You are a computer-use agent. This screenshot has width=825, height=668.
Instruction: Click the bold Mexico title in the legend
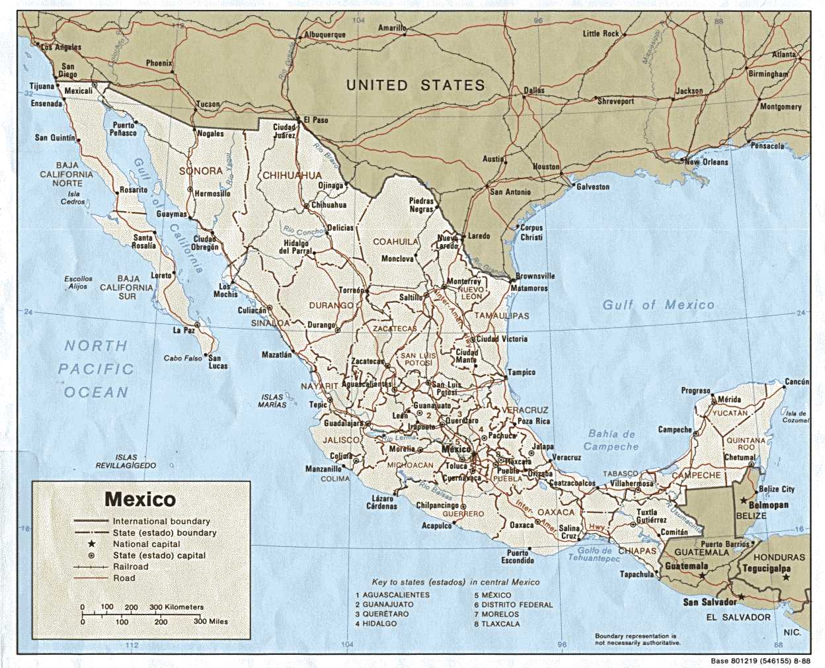140,499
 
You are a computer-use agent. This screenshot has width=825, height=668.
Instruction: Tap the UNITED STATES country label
415,85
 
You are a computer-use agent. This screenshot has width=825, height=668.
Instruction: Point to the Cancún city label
796,382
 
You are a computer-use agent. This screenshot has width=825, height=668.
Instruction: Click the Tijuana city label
42,87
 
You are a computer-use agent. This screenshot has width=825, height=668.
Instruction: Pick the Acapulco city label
436,526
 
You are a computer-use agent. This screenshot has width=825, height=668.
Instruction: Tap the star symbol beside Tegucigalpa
785,577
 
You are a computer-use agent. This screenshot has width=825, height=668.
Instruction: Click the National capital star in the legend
91,544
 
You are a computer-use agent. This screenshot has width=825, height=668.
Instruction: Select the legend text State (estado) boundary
164,532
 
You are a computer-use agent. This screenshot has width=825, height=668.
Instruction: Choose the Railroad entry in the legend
130,567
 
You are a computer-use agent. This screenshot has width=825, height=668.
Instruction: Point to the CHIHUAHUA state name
292,176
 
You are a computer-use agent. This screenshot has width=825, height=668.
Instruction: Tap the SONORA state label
200,171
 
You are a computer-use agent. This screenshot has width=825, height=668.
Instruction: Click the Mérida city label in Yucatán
728,399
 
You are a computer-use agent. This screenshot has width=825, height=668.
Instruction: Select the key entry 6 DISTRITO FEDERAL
513,605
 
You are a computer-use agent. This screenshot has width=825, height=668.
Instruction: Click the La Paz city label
184,330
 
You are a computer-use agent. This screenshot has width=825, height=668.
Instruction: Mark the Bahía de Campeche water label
611,440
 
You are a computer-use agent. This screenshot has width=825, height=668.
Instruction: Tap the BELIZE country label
751,516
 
